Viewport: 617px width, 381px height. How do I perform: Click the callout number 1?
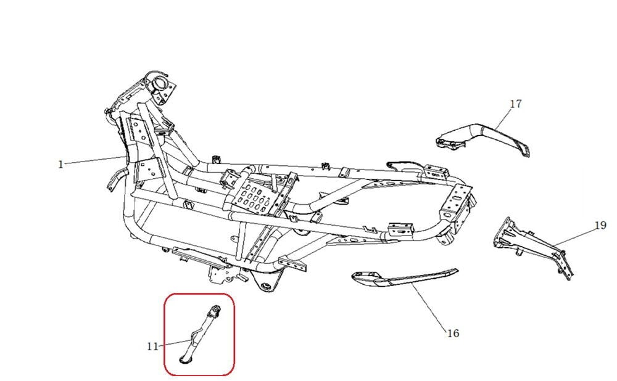pyautogui.click(x=60, y=164)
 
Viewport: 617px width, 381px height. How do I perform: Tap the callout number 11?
pyautogui.click(x=152, y=346)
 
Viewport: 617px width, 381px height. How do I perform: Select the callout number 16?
pyautogui.click(x=452, y=334)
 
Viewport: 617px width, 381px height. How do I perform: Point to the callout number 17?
pyautogui.click(x=516, y=104)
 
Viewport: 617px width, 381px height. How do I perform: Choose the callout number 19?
pyautogui.click(x=600, y=226)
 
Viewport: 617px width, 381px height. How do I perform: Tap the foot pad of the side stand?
pyautogui.click(x=185, y=356)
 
